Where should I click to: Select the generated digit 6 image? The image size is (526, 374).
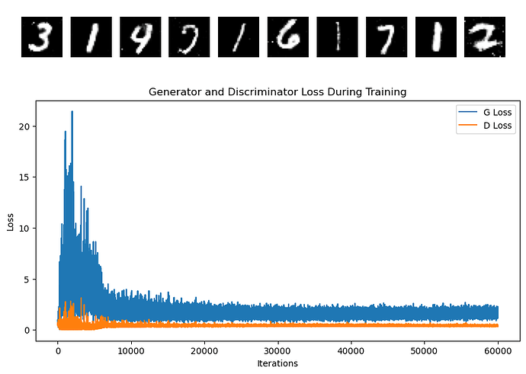288,37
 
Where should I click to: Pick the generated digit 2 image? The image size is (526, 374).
485,37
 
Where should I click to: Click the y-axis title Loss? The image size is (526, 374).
10,222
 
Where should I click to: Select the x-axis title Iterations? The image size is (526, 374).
277,363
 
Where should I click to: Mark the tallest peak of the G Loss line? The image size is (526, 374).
72,112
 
